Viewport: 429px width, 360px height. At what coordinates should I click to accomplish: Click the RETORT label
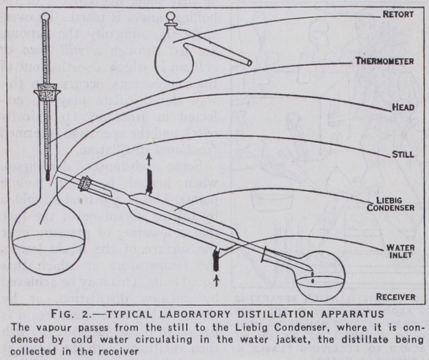pos(398,14)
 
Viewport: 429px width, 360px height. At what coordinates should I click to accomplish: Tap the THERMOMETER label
pos(385,61)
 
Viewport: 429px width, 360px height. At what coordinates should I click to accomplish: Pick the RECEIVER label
pos(395,297)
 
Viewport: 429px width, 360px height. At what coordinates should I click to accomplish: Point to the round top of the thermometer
pos(45,16)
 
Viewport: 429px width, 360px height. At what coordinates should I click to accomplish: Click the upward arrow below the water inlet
pos(215,281)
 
